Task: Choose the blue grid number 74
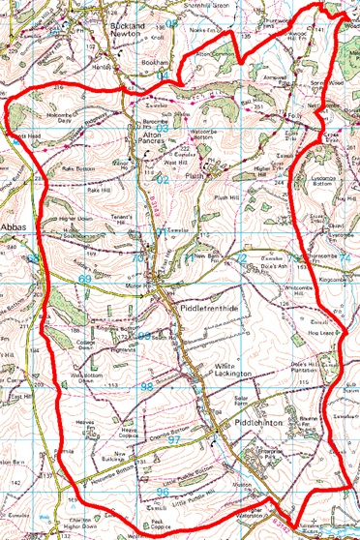(x=346, y=258)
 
